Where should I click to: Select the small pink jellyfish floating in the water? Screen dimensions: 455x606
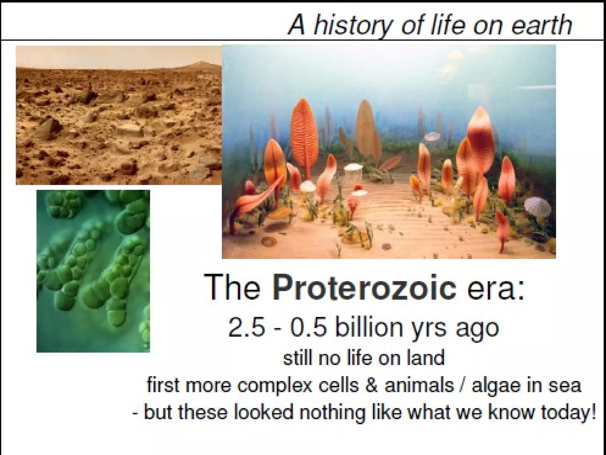(433, 136)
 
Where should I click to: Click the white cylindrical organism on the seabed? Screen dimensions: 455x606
(354, 175)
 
